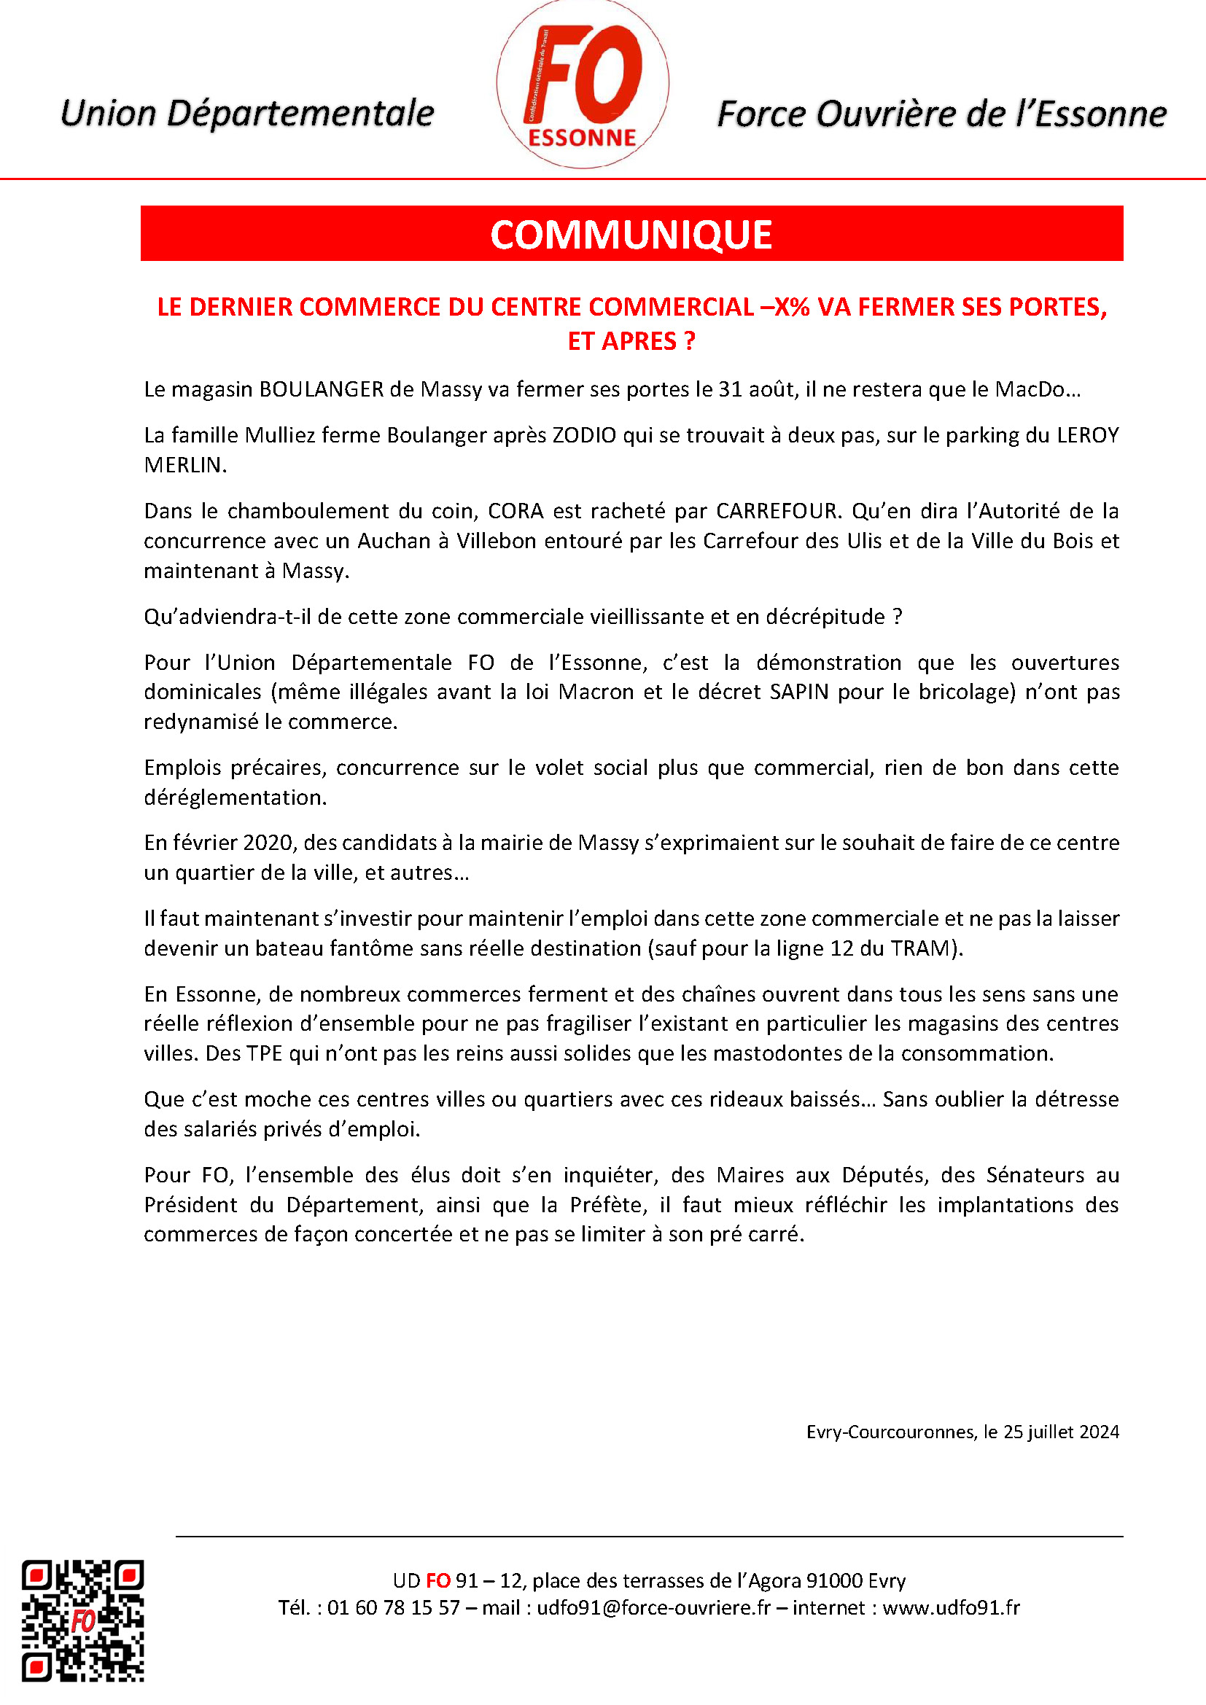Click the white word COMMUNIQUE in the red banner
[631, 235]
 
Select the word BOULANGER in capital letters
[321, 390]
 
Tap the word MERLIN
[184, 466]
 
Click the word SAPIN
[798, 692]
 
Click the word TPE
[265, 1054]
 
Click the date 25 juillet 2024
[1061, 1432]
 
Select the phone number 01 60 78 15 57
[394, 1608]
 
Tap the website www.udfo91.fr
[951, 1608]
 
